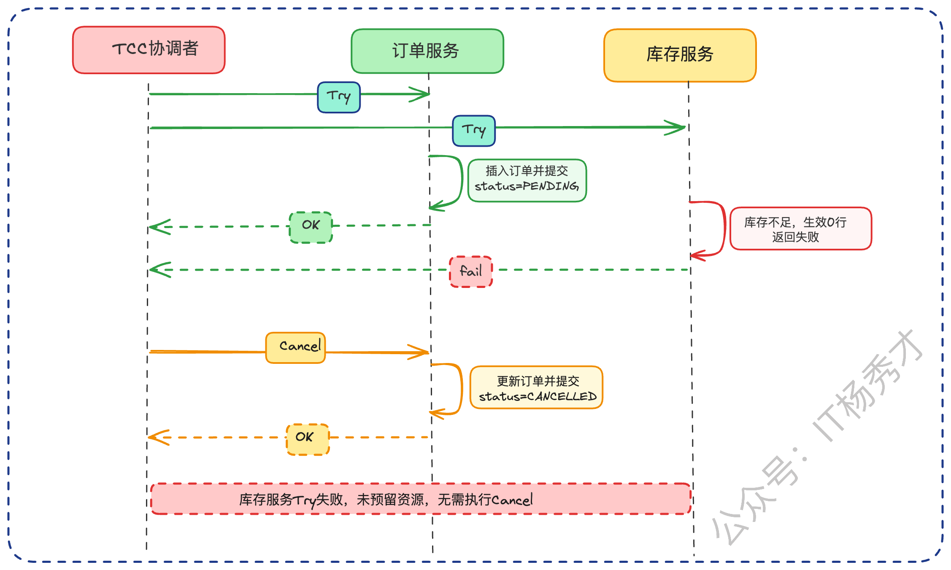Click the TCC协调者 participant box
[x=149, y=50]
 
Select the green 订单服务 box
[x=427, y=51]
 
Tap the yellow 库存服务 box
[x=680, y=55]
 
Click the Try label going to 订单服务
[x=338, y=97]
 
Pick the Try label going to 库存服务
[x=473, y=131]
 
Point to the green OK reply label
[x=311, y=227]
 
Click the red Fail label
[x=471, y=272]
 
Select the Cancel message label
[x=295, y=347]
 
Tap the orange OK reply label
[x=308, y=439]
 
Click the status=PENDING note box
[x=527, y=180]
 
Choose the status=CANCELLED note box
[x=536, y=387]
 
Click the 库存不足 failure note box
[x=800, y=228]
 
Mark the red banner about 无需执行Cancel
[x=420, y=499]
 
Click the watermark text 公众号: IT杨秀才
[x=819, y=438]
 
